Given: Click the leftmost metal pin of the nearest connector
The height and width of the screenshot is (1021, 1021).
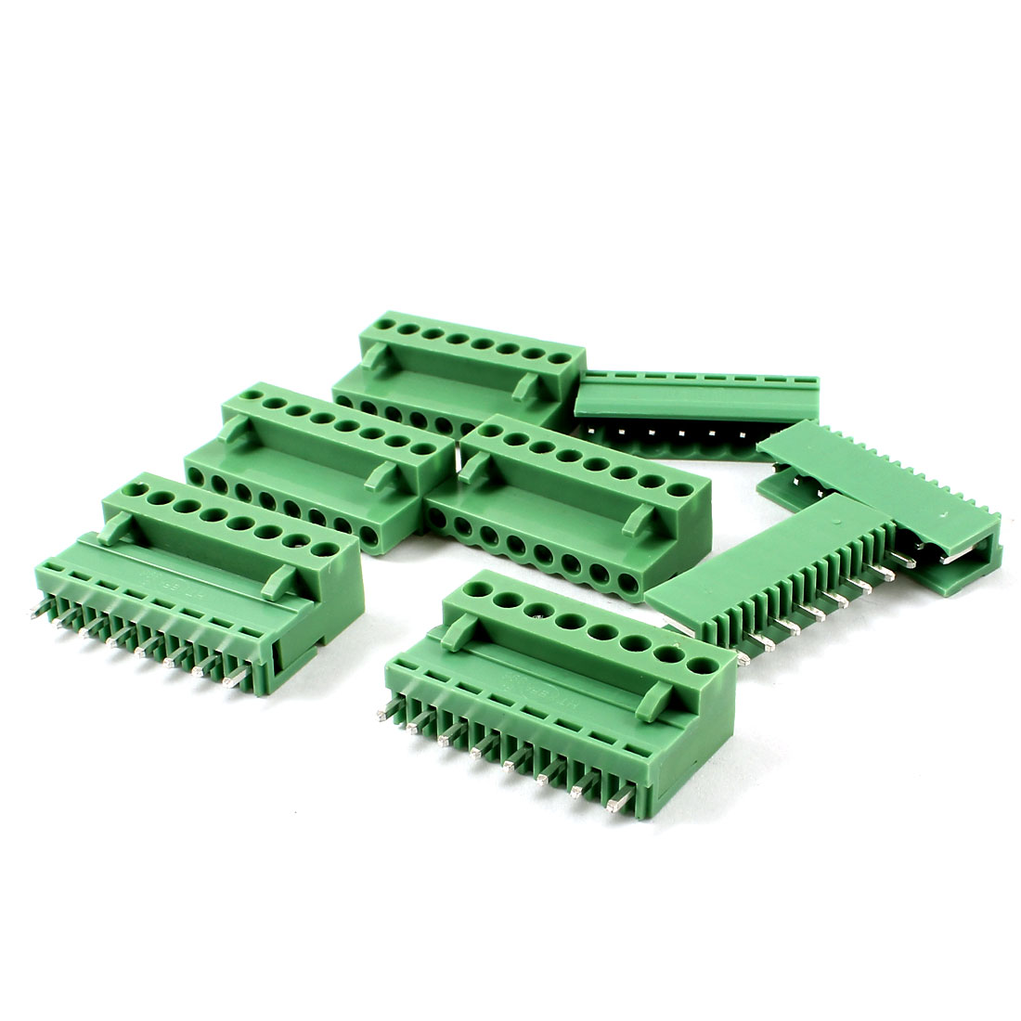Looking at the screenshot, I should tap(382, 716).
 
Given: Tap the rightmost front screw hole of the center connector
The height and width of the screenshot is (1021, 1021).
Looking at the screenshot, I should tap(628, 584).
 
